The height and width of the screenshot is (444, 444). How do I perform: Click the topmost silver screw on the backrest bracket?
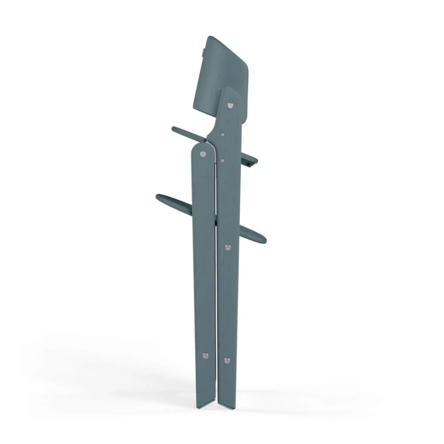tap(230, 105)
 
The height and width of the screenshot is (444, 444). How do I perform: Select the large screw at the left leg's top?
tap(203, 154)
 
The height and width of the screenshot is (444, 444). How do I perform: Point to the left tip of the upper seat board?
tap(174, 129)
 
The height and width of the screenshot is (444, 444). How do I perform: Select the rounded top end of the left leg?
tap(202, 146)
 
